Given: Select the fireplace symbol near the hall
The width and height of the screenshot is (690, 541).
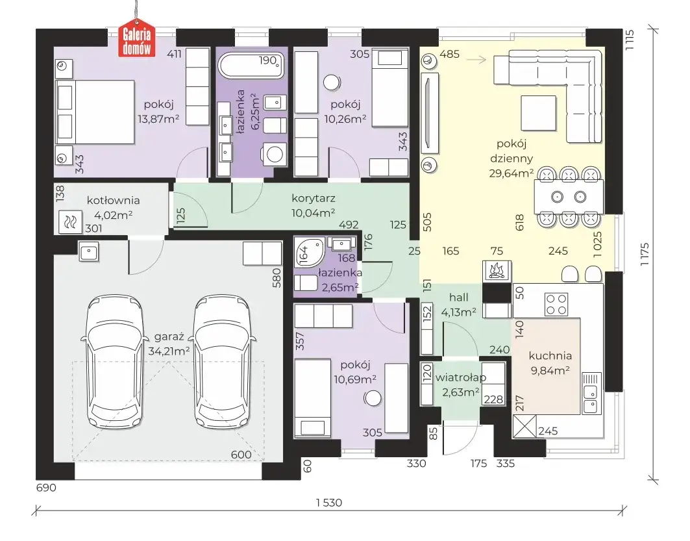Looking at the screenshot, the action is click(x=497, y=270).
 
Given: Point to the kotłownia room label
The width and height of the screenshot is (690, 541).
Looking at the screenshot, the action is click(x=113, y=200).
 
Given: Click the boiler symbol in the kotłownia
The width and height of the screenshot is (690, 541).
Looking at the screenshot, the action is click(x=70, y=221).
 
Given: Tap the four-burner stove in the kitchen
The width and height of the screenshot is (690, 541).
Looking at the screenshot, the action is click(x=556, y=305).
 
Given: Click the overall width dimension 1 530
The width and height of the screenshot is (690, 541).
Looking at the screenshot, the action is click(x=329, y=502).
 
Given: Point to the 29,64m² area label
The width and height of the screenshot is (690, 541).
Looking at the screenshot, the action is click(x=511, y=173).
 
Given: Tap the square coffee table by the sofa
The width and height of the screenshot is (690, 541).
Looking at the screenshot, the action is click(x=539, y=113).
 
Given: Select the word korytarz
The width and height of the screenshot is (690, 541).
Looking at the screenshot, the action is click(x=314, y=198).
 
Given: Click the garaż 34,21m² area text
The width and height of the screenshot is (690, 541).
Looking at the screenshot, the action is click(x=169, y=344).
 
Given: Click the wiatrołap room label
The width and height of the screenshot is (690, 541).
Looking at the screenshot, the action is click(x=461, y=378).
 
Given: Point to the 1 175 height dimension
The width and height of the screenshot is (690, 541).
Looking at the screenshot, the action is click(x=644, y=254).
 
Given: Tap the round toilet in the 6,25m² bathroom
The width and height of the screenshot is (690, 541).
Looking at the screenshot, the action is click(x=275, y=154).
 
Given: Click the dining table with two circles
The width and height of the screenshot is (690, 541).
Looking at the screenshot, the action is click(x=569, y=196).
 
